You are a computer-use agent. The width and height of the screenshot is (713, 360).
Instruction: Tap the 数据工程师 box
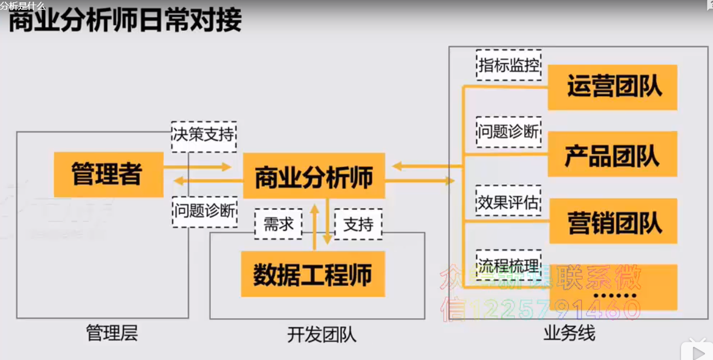point(312,274)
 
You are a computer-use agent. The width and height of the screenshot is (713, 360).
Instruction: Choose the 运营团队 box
point(613,87)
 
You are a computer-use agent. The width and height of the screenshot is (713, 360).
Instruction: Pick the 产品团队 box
point(613,154)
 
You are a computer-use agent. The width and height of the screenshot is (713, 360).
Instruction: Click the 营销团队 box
point(613,221)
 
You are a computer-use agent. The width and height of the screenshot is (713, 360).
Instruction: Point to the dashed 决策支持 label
point(204,136)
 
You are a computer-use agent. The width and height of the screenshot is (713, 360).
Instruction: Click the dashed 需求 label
point(279,224)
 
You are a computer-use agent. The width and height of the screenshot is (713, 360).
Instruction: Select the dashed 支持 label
point(358,224)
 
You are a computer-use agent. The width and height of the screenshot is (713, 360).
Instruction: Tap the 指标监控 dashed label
point(509,65)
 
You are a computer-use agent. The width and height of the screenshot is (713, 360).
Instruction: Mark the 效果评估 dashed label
point(509,201)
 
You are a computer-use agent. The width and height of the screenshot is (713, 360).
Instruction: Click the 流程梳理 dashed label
point(509,265)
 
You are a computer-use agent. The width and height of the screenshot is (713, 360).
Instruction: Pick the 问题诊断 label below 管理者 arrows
point(204,211)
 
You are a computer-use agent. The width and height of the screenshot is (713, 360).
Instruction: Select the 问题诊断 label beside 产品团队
point(509,132)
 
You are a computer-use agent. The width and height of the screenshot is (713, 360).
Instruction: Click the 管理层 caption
point(112,333)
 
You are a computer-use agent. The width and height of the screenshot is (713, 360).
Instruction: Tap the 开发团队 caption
point(321,334)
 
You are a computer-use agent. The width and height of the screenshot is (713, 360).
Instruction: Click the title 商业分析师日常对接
point(125,21)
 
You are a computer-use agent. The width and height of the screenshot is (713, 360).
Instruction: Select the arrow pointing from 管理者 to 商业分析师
point(197,167)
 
